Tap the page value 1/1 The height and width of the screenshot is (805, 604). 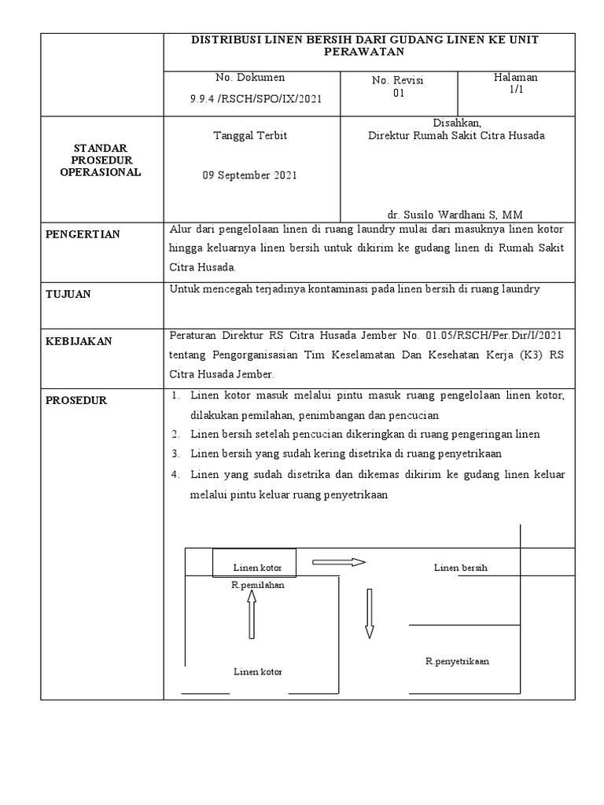515,90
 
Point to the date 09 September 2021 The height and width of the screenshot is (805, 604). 250,175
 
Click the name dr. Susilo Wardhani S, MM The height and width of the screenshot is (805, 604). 455,215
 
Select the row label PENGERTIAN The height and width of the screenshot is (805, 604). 83,234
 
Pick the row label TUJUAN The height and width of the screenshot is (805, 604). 68,294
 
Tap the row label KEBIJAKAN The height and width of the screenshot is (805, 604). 79,341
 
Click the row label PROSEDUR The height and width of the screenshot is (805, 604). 76,400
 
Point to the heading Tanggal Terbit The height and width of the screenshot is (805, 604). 250,135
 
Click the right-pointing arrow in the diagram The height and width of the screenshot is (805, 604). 339,562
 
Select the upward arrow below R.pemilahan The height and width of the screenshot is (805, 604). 252,615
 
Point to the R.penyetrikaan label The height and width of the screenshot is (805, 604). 458,661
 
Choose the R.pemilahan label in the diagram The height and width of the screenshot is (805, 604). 258,585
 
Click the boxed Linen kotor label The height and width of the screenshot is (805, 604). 257,568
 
